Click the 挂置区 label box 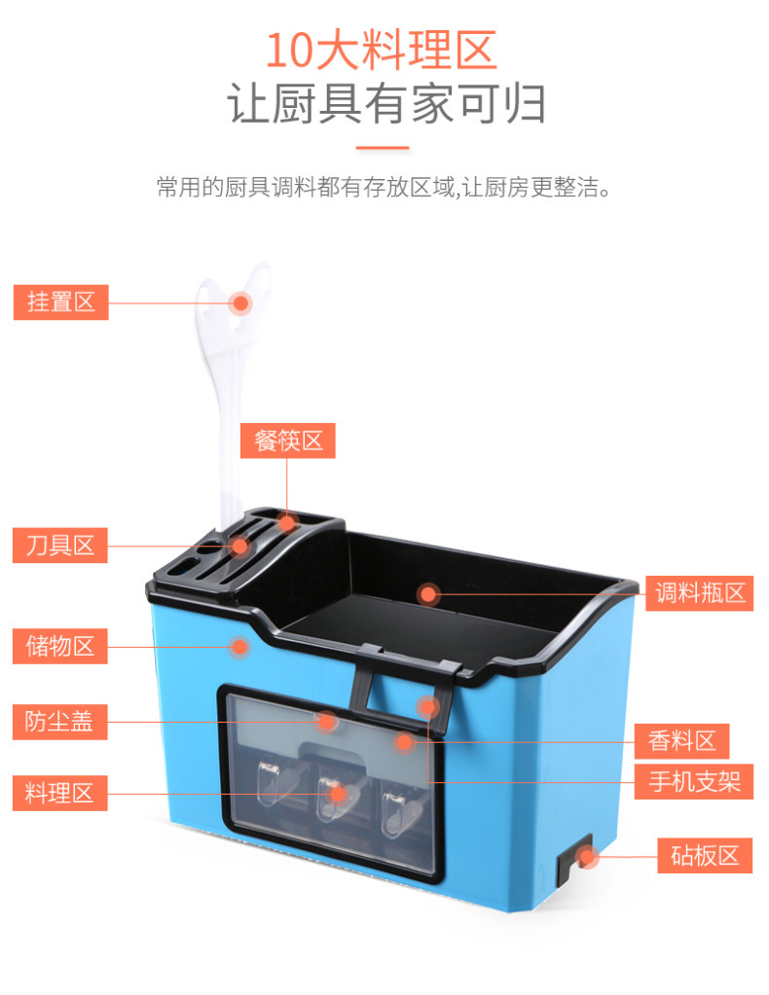point(61,302)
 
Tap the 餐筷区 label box point(288,441)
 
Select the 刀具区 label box point(60,545)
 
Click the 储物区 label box point(60,646)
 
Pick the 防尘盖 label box point(60,722)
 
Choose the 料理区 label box point(60,794)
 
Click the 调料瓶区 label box point(699,593)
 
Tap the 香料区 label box point(681,741)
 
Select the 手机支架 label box point(694,781)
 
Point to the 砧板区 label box point(705,855)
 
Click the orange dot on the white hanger point(240,303)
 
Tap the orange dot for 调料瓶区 point(428,594)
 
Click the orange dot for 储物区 point(239,647)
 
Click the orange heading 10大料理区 point(381,50)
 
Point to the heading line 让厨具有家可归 point(386,103)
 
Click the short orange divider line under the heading point(383,148)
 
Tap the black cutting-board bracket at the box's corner point(573,861)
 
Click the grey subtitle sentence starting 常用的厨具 point(384,187)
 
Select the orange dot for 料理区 point(337,794)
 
